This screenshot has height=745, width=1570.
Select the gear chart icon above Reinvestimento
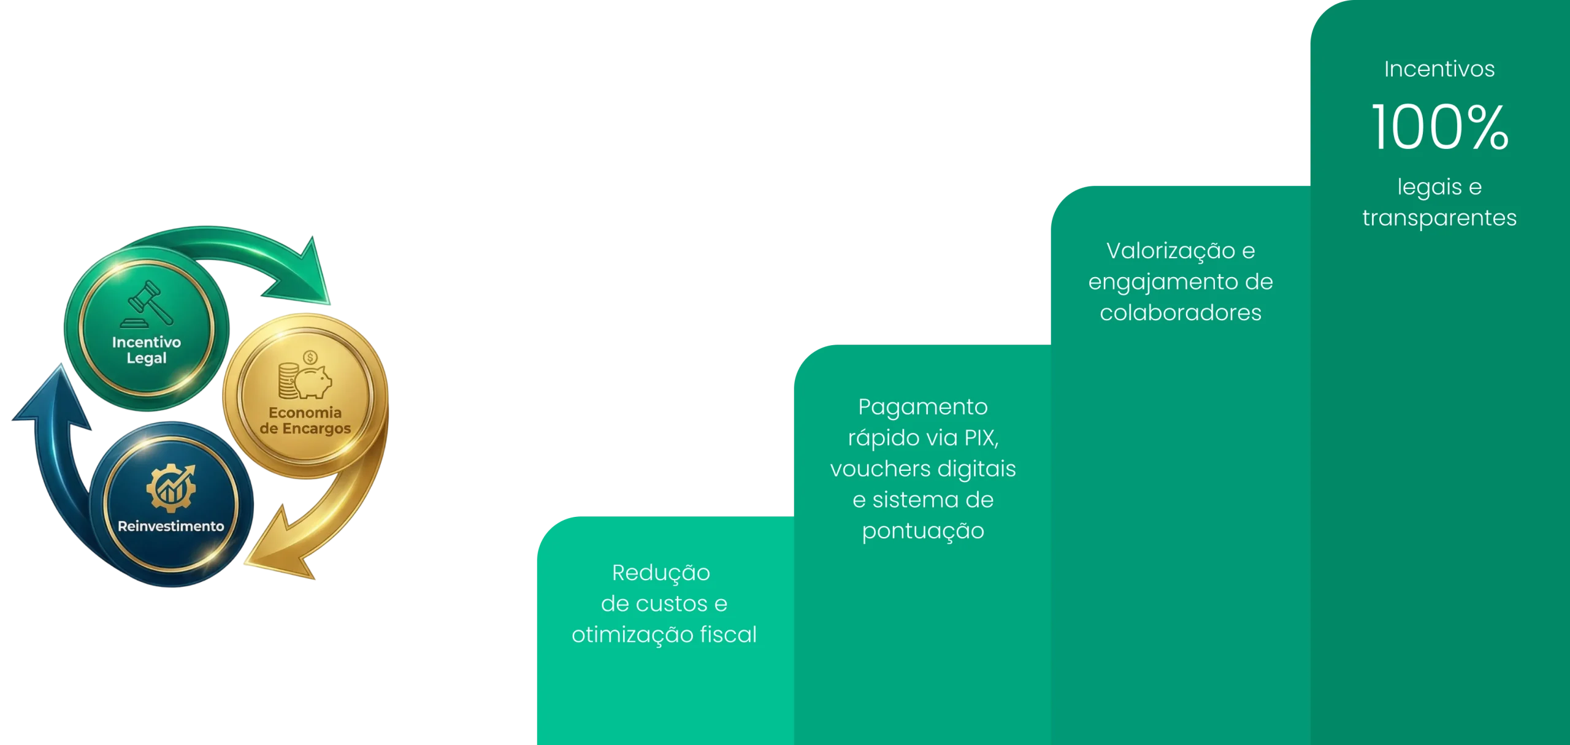(171, 488)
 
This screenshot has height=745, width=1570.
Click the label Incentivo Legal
(147, 350)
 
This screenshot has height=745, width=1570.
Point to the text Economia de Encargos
(305, 420)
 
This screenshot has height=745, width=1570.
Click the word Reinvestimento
(170, 526)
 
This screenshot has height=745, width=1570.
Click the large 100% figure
(1439, 128)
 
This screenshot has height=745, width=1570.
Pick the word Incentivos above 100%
(1439, 69)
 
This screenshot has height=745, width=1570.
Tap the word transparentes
(1439, 218)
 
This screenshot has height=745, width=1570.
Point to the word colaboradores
(1180, 313)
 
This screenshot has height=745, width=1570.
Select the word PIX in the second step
(981, 438)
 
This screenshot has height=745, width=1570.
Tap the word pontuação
(922, 531)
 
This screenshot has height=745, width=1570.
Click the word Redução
(661, 573)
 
